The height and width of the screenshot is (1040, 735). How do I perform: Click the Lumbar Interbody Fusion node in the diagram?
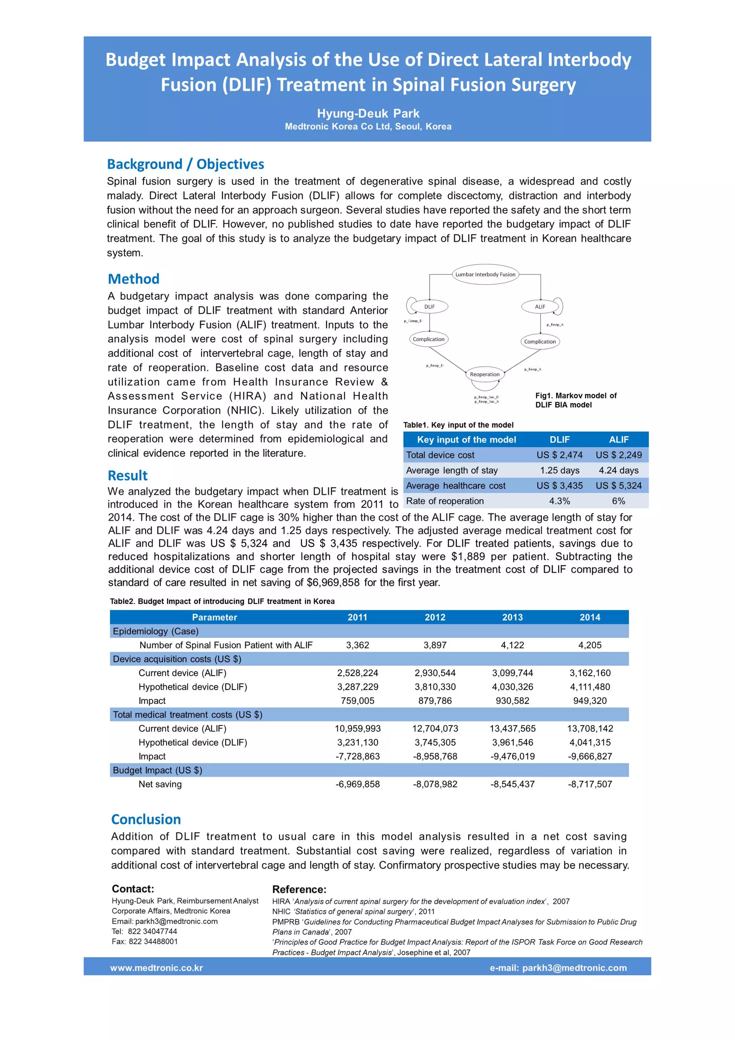(485, 274)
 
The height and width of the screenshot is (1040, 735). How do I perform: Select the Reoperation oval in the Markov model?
(484, 374)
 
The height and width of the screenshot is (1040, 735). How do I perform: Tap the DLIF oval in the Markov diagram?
(429, 307)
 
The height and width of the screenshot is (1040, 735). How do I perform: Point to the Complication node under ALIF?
(540, 342)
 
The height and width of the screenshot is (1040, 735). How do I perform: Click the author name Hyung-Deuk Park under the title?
(368, 113)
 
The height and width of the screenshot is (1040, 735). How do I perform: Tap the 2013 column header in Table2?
(512, 617)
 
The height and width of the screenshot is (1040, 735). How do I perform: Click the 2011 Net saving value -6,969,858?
(357, 784)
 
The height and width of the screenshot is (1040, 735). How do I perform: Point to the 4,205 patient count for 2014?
(590, 645)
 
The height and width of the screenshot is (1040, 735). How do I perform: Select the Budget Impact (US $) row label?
(158, 770)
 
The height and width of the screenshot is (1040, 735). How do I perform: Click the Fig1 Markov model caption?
(576, 400)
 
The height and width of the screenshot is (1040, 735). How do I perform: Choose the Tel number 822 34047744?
(152, 931)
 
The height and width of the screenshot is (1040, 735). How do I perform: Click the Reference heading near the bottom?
(299, 889)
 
